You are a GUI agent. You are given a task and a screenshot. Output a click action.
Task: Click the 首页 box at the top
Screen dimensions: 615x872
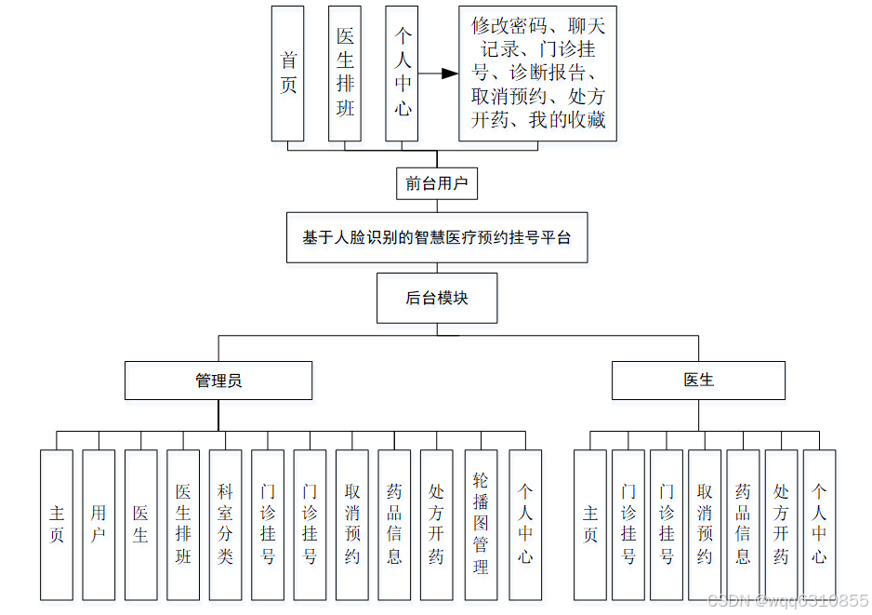pos(288,74)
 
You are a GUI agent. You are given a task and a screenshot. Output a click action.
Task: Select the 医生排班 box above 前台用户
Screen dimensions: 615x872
pos(345,74)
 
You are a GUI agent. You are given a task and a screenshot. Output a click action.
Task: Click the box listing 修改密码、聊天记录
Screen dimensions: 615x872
pos(538,74)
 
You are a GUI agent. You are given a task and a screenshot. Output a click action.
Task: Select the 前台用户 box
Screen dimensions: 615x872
pos(437,183)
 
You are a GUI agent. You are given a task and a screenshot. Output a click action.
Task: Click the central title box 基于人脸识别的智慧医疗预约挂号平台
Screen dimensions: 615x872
pos(437,237)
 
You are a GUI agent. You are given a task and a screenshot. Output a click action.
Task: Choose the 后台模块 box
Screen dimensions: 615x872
pos(437,298)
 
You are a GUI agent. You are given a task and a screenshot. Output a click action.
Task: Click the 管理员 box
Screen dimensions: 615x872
pos(218,381)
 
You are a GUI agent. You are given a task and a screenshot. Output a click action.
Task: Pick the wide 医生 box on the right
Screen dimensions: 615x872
pos(698,381)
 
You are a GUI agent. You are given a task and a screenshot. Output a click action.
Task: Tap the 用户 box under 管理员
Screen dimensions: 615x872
pos(99,525)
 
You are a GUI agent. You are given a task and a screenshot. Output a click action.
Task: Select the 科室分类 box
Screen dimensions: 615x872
pos(226,525)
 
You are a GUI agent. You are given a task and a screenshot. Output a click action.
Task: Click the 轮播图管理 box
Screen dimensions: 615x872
pos(481,525)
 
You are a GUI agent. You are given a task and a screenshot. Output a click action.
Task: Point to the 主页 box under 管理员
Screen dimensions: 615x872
pos(57,525)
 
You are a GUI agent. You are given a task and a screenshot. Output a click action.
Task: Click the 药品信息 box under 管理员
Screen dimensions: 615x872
pos(394,525)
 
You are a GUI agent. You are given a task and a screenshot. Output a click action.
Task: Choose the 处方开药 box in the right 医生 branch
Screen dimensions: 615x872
pos(781,525)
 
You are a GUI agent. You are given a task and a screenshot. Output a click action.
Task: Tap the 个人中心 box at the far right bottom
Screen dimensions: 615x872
pos(819,525)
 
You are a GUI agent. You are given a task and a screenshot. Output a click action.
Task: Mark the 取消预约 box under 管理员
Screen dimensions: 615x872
pos(352,525)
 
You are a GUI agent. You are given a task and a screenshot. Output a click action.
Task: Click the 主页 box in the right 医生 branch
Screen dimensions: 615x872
pos(590,525)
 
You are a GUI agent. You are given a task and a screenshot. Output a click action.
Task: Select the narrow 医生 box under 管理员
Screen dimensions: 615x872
pos(141,525)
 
